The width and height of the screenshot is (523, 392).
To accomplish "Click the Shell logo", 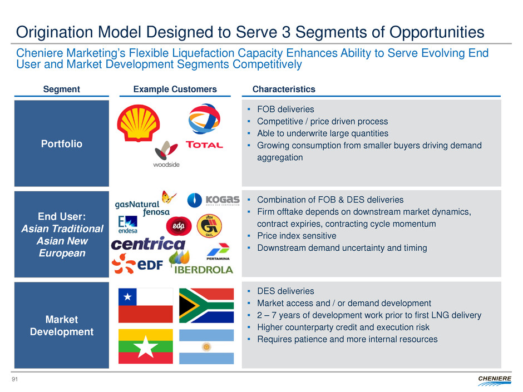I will [x=138, y=123].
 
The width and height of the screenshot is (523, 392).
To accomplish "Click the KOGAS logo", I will [x=213, y=200].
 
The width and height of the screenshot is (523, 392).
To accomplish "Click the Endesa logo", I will [x=127, y=224].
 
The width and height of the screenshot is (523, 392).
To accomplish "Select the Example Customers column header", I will [x=175, y=89].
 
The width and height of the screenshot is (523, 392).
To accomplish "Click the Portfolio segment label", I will [x=61, y=144].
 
